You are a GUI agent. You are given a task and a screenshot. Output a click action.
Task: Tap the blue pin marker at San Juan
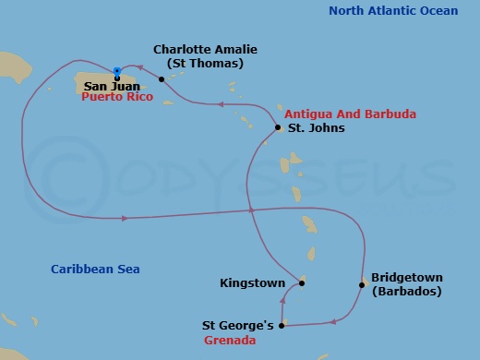point(116,70)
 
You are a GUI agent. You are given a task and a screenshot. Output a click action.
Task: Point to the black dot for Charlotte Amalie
point(162,79)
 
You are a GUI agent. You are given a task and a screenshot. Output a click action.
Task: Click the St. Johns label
point(317,128)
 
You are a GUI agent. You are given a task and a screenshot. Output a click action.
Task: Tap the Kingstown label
point(252,283)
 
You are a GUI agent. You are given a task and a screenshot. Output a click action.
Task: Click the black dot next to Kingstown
point(302,282)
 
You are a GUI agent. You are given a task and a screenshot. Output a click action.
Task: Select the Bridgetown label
point(407,277)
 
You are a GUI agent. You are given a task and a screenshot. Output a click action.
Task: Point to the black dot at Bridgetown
point(362,284)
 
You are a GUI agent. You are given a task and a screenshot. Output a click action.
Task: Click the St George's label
point(237,325)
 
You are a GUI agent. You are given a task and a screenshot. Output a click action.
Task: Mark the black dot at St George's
point(282,325)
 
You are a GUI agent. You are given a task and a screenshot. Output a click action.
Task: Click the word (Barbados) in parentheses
point(406,292)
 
